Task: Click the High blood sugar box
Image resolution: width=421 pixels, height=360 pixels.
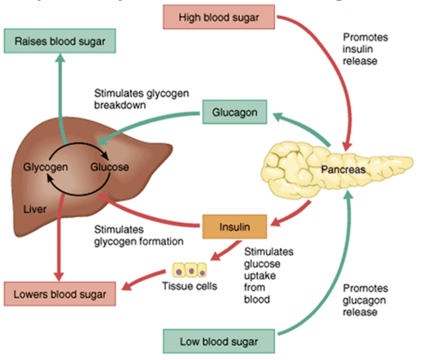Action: pyautogui.click(x=219, y=18)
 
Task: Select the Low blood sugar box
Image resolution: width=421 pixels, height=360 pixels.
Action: pyautogui.click(x=219, y=341)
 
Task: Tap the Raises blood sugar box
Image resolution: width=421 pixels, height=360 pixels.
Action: pyautogui.click(x=59, y=42)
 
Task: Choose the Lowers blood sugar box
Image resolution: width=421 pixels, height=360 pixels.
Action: pyautogui.click(x=59, y=295)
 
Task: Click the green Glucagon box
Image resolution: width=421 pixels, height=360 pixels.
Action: pyautogui.click(x=234, y=113)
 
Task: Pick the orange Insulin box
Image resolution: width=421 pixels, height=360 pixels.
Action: pyautogui.click(x=234, y=227)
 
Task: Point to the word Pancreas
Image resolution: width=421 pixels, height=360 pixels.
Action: pyautogui.click(x=343, y=170)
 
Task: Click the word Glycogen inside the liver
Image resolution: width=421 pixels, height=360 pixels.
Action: pyautogui.click(x=46, y=167)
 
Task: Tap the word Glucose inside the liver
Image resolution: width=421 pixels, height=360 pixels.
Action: pyautogui.click(x=109, y=167)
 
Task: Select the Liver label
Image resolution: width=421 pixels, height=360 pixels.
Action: pyautogui.click(x=35, y=209)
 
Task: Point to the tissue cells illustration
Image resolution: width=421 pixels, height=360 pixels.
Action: pyautogui.click(x=190, y=270)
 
